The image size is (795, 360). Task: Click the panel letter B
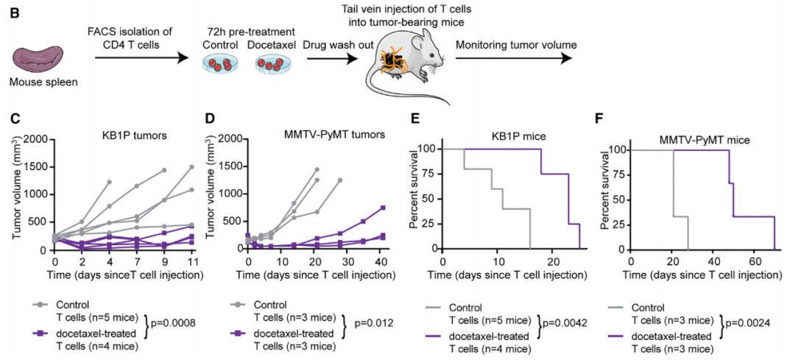(x=13, y=13)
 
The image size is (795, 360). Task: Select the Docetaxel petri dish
(x=272, y=66)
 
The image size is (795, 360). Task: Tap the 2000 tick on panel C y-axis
(x=36, y=138)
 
